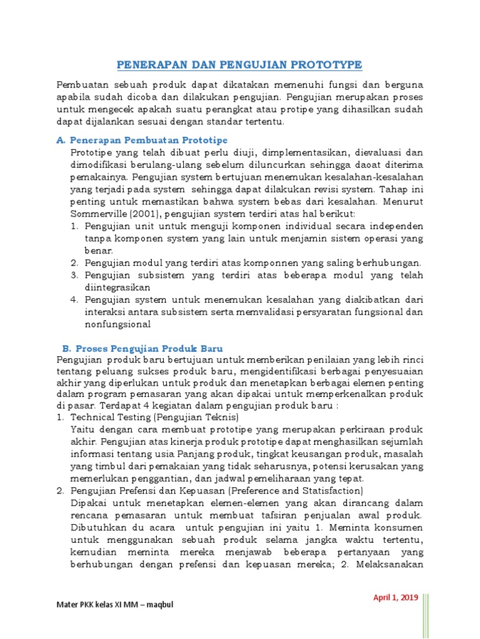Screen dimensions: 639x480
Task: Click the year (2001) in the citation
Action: (x=145, y=214)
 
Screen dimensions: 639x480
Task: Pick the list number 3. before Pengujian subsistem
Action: (x=74, y=275)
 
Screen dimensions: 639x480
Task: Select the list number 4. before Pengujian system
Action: (x=74, y=300)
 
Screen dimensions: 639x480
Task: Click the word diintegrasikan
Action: (x=117, y=288)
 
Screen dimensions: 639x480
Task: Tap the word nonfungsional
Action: (x=117, y=324)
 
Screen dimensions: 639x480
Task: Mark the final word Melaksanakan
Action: (x=391, y=564)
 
